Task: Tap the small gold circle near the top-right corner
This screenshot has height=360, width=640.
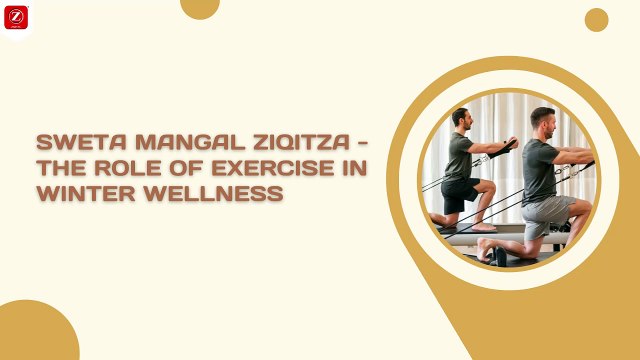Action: (x=596, y=19)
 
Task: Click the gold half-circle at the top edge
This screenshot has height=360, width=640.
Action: (x=200, y=7)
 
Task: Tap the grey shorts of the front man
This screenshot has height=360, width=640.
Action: (x=547, y=210)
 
